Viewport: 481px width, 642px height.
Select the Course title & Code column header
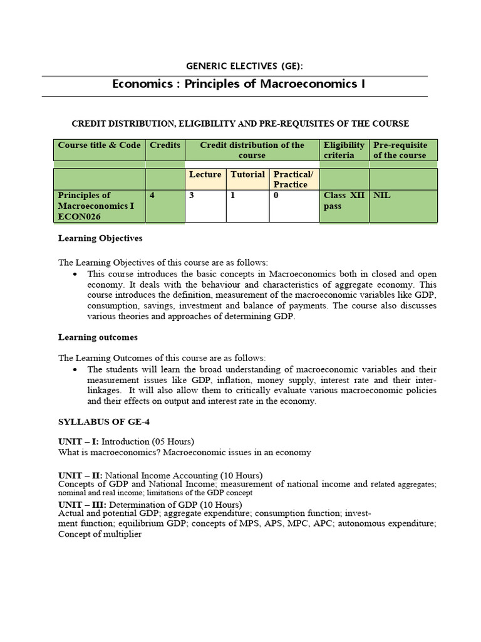click(100, 145)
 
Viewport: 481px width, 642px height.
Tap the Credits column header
click(165, 145)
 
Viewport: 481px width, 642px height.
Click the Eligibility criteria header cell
click(343, 150)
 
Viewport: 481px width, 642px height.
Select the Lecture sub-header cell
click(205, 175)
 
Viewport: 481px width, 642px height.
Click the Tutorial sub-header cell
click(247, 175)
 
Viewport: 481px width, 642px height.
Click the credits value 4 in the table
click(152, 196)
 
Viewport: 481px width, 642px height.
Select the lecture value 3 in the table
click(192, 196)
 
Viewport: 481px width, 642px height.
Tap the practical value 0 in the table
click(276, 196)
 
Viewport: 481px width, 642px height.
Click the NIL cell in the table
click(381, 196)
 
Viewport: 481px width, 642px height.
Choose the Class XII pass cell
click(343, 201)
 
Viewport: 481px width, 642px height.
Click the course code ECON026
click(80, 216)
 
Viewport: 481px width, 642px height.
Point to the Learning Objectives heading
click(100, 238)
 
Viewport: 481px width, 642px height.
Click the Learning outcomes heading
click(98, 337)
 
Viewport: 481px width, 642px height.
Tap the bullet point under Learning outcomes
click(75, 370)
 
